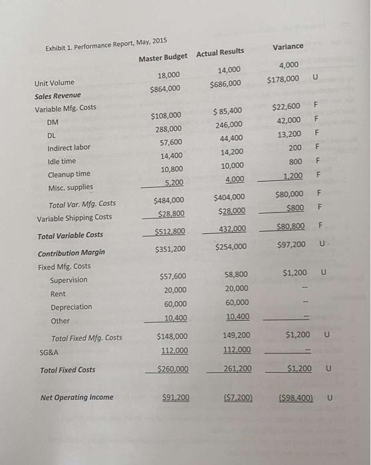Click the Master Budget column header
[x=163, y=58]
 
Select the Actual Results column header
[x=220, y=52]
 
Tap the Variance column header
[x=288, y=46]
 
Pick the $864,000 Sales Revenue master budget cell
[x=165, y=88]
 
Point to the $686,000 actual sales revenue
[x=225, y=84]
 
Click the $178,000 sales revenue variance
[x=282, y=80]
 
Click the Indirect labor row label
[x=69, y=147]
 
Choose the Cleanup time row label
[x=69, y=174]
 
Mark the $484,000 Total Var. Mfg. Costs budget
[x=169, y=200]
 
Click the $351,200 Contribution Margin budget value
[x=170, y=249]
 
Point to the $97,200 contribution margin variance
[x=291, y=244]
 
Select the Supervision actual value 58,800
[x=236, y=274]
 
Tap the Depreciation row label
[x=71, y=307]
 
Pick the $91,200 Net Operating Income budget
[x=176, y=397]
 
